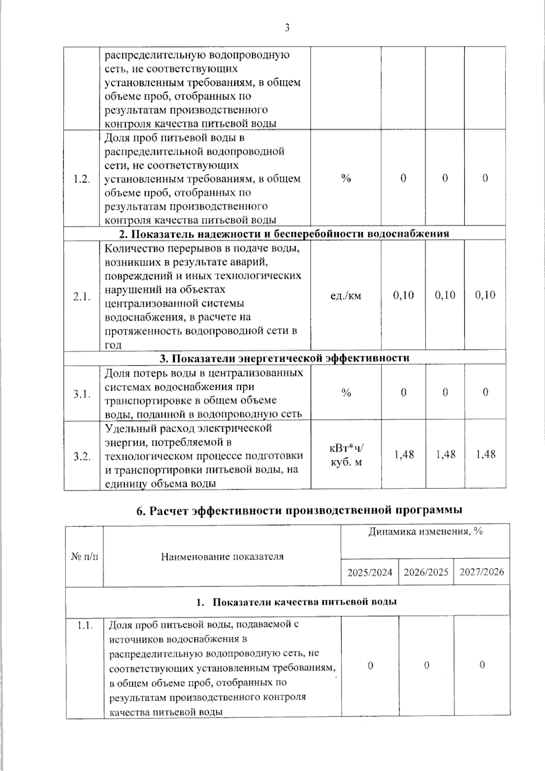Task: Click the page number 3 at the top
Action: (x=287, y=28)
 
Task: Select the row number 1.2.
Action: (x=82, y=179)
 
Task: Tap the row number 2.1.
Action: (x=82, y=296)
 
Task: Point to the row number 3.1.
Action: (x=82, y=393)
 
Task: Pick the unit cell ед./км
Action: (x=346, y=296)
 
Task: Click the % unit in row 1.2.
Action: (x=346, y=179)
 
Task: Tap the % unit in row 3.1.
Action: (x=346, y=393)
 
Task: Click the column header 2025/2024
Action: (x=370, y=572)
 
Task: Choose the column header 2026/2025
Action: (x=426, y=572)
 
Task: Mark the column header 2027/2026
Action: (x=481, y=572)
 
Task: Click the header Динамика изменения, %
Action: (x=425, y=532)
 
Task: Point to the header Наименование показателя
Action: (x=222, y=557)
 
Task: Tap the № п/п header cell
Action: (x=84, y=557)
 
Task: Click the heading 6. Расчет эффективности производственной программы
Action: (x=299, y=510)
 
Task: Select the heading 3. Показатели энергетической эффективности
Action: (x=284, y=358)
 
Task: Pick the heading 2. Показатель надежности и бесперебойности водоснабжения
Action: (x=284, y=234)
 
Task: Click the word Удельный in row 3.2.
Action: (x=126, y=428)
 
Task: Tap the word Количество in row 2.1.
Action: (x=133, y=249)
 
